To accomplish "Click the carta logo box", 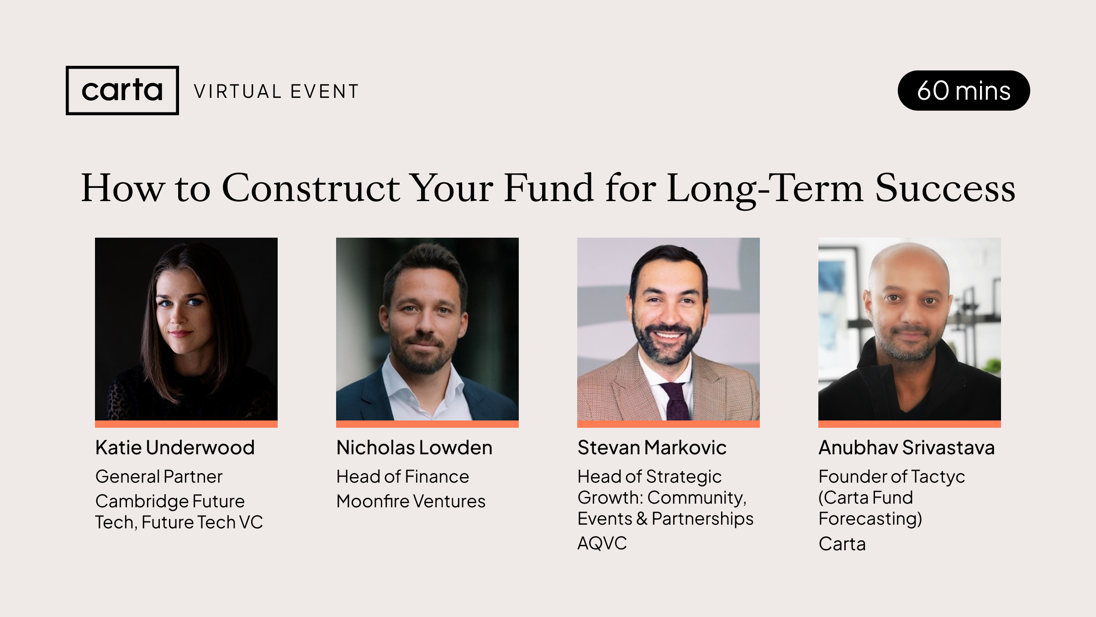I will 122,90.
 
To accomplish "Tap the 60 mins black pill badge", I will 964,90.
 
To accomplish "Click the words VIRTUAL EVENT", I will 276,91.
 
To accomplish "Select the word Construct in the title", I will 311,188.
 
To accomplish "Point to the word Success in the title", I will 945,188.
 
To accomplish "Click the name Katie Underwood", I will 175,447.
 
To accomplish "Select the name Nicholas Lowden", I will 414,447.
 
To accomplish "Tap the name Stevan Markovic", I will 652,447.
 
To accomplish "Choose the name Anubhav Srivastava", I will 906,447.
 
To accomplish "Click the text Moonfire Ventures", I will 411,501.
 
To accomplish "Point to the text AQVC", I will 602,543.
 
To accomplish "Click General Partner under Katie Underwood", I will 159,477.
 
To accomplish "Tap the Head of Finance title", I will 402,477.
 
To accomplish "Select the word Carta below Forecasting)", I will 842,544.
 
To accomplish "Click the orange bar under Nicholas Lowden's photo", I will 427,424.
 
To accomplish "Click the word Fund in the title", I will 548,188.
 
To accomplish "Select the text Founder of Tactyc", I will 891,477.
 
